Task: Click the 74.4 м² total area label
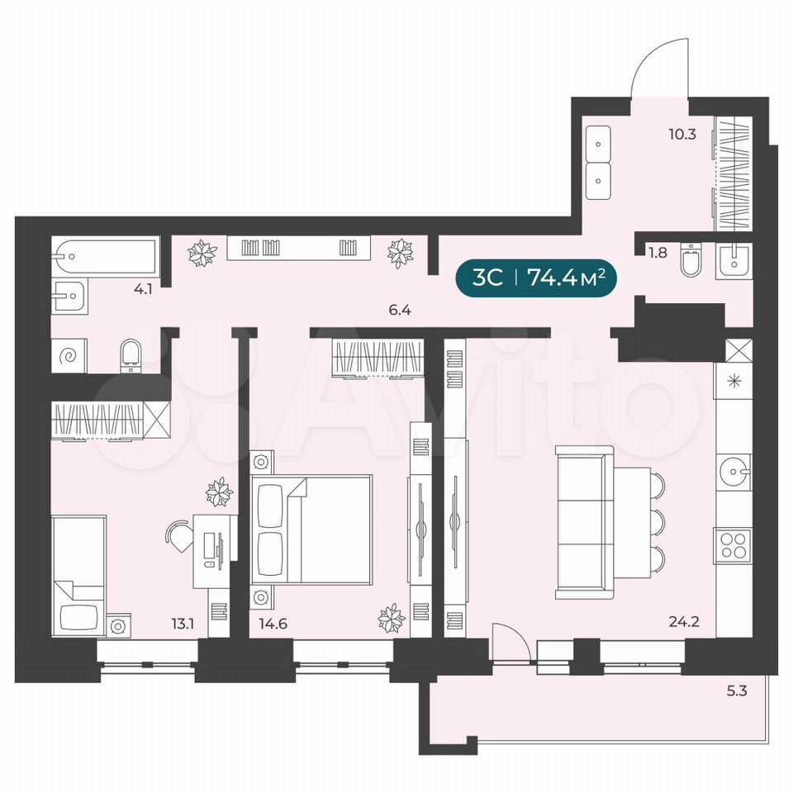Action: [566, 278]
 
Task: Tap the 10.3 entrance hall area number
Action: [682, 135]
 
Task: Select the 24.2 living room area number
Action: [684, 621]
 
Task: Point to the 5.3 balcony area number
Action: [736, 691]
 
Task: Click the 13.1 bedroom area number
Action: [183, 624]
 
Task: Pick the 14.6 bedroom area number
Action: [273, 624]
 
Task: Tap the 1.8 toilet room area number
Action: [658, 253]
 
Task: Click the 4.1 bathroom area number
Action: [143, 290]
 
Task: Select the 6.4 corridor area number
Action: [400, 310]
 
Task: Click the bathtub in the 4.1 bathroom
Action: [105, 258]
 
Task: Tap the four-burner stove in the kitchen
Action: [733, 546]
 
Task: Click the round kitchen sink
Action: [734, 472]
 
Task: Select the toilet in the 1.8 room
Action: [691, 260]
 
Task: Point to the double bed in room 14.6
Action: [312, 529]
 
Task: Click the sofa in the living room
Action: [580, 522]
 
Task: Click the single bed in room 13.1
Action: [79, 576]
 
